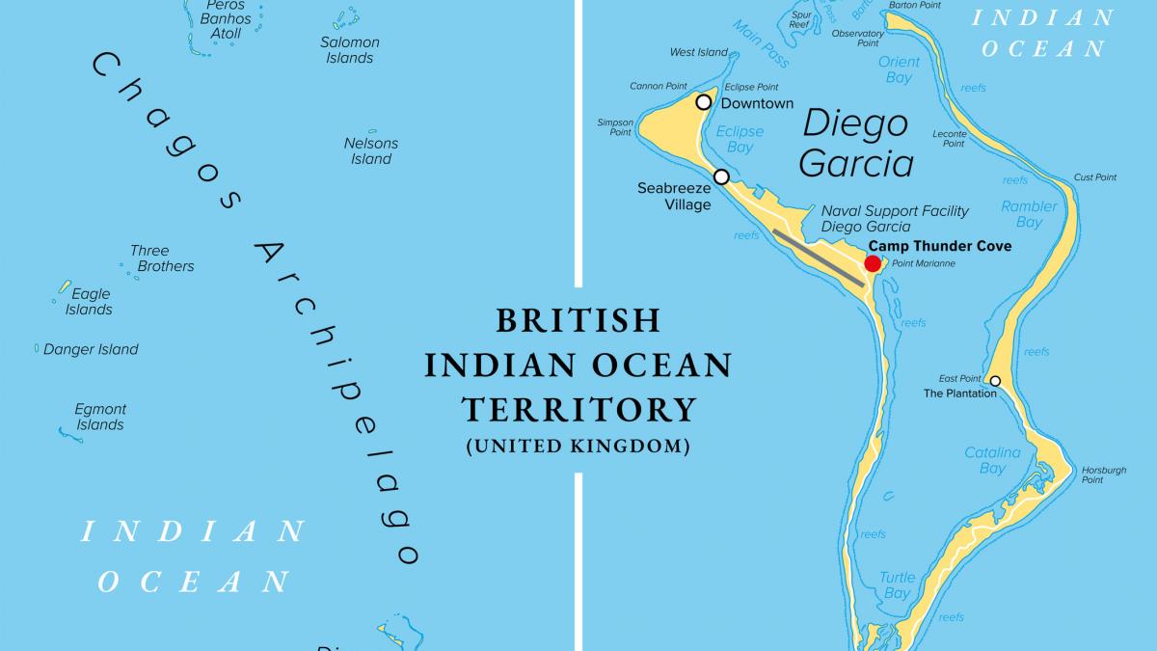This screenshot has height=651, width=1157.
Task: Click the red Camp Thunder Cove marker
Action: pos(873,264)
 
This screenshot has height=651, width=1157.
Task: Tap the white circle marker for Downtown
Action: pos(704,102)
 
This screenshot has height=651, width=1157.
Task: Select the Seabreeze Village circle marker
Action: pos(721,176)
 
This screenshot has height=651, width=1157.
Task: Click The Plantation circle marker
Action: pos(995,381)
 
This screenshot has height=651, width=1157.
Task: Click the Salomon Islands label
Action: pos(349,50)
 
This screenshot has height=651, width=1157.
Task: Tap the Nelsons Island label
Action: pos(371,151)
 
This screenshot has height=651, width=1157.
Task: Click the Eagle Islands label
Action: pos(90,302)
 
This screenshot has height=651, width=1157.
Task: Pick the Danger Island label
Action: pos(91,350)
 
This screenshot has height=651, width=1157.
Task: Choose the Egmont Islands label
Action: pos(100,418)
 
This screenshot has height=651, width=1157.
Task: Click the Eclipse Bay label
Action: pos(740,140)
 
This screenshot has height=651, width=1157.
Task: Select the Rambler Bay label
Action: pos(1029,214)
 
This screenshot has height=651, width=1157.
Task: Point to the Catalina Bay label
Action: pos(992,460)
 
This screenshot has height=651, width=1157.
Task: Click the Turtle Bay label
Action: pos(897,585)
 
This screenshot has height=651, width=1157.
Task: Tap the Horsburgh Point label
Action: pos(1104,475)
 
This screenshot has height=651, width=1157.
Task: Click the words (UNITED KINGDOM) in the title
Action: pos(578,447)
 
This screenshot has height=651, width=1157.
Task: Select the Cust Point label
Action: pos(1095,177)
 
